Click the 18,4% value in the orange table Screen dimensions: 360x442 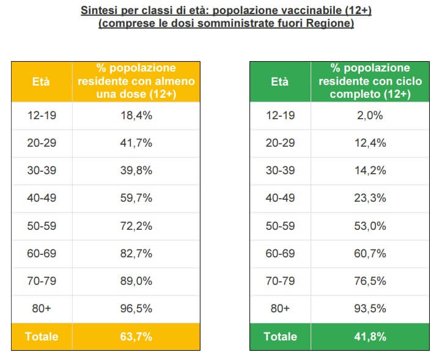136,116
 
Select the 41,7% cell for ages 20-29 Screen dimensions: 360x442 136,143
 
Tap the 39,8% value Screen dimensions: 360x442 136,171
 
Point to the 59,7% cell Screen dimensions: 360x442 136,198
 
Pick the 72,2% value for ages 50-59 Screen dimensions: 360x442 136,226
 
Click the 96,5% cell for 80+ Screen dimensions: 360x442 136,309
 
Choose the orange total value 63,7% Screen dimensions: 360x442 136,336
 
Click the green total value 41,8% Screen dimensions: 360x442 370,336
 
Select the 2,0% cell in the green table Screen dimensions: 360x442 370,116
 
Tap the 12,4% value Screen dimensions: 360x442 370,143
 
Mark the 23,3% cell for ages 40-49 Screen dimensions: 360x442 370,198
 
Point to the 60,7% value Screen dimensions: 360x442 370,254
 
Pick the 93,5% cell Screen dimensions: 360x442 370,309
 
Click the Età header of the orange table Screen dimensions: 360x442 41,82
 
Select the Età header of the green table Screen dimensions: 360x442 279,82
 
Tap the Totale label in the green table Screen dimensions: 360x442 279,336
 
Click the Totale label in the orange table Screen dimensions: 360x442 41,336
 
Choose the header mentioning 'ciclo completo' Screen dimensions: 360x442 370,81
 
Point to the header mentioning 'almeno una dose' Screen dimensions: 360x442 136,81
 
